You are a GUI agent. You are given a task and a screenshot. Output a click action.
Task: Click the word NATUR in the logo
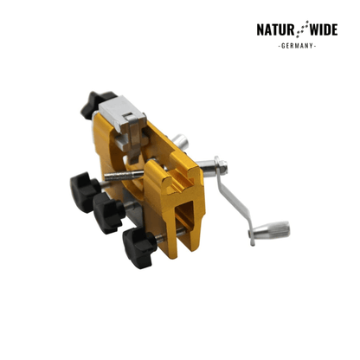coord(275,29)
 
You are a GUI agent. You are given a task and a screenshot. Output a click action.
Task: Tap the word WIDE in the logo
coord(324,29)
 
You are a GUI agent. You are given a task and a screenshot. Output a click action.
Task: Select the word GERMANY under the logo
coord(297,46)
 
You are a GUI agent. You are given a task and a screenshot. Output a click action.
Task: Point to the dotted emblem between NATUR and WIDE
coord(302,29)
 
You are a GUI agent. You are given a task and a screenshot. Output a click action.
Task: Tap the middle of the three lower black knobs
coord(108,212)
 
